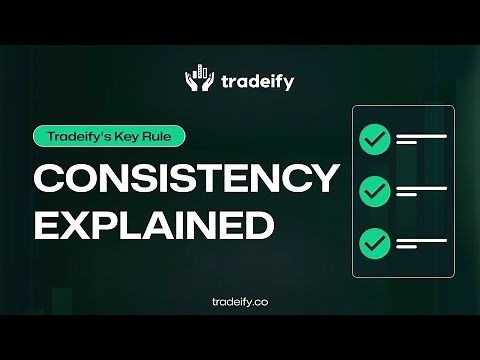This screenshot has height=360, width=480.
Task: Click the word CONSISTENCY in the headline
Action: (186, 179)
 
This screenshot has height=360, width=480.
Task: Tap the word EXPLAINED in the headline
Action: (154, 225)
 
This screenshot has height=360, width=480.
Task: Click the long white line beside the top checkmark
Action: (421, 136)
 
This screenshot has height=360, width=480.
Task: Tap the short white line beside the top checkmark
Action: (407, 144)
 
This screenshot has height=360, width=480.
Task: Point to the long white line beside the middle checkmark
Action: (421, 187)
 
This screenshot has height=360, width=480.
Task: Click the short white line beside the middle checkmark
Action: (407, 195)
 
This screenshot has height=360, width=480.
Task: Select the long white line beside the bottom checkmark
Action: (421, 237)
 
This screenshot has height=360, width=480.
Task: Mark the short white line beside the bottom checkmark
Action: (407, 245)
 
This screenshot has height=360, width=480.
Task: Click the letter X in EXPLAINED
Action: (78, 225)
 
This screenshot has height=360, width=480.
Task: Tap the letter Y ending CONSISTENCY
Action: (323, 179)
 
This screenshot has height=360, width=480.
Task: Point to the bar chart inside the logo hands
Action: (200, 72)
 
